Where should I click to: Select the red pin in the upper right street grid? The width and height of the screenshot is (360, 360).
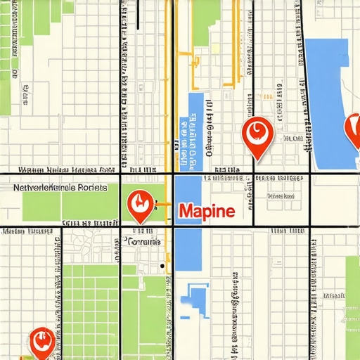point(255,136)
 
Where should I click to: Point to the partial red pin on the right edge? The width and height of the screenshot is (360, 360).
point(352,130)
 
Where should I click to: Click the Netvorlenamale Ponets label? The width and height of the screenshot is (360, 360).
point(60,188)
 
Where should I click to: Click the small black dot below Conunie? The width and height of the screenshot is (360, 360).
point(162,266)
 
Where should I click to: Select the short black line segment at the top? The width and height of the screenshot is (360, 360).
point(141,14)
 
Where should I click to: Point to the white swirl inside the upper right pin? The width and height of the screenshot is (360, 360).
point(255,130)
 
